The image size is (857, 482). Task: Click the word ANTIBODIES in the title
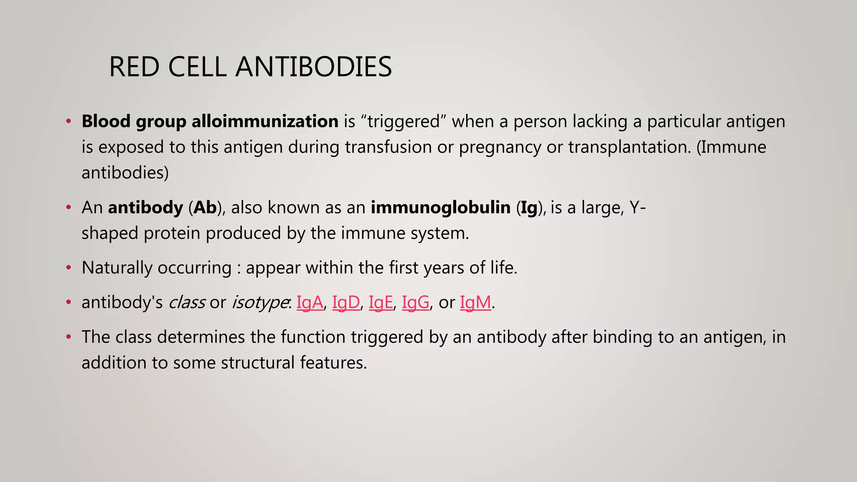[x=313, y=67]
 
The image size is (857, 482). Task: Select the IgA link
[x=310, y=302]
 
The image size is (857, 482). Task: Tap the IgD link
[x=346, y=302]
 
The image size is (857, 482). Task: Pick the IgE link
[x=381, y=302]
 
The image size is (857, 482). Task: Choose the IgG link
[x=416, y=302]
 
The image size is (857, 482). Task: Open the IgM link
[x=475, y=302]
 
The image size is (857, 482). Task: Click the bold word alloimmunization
[x=265, y=121]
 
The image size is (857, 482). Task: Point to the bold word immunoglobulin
[x=440, y=208]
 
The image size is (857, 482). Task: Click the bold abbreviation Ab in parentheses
[x=205, y=208]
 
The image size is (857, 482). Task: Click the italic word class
[x=187, y=302]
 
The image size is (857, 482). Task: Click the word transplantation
[x=629, y=147]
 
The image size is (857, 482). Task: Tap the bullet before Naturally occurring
[x=69, y=268]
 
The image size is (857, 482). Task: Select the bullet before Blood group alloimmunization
[x=69, y=122]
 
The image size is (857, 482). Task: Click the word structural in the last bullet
[x=258, y=362]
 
